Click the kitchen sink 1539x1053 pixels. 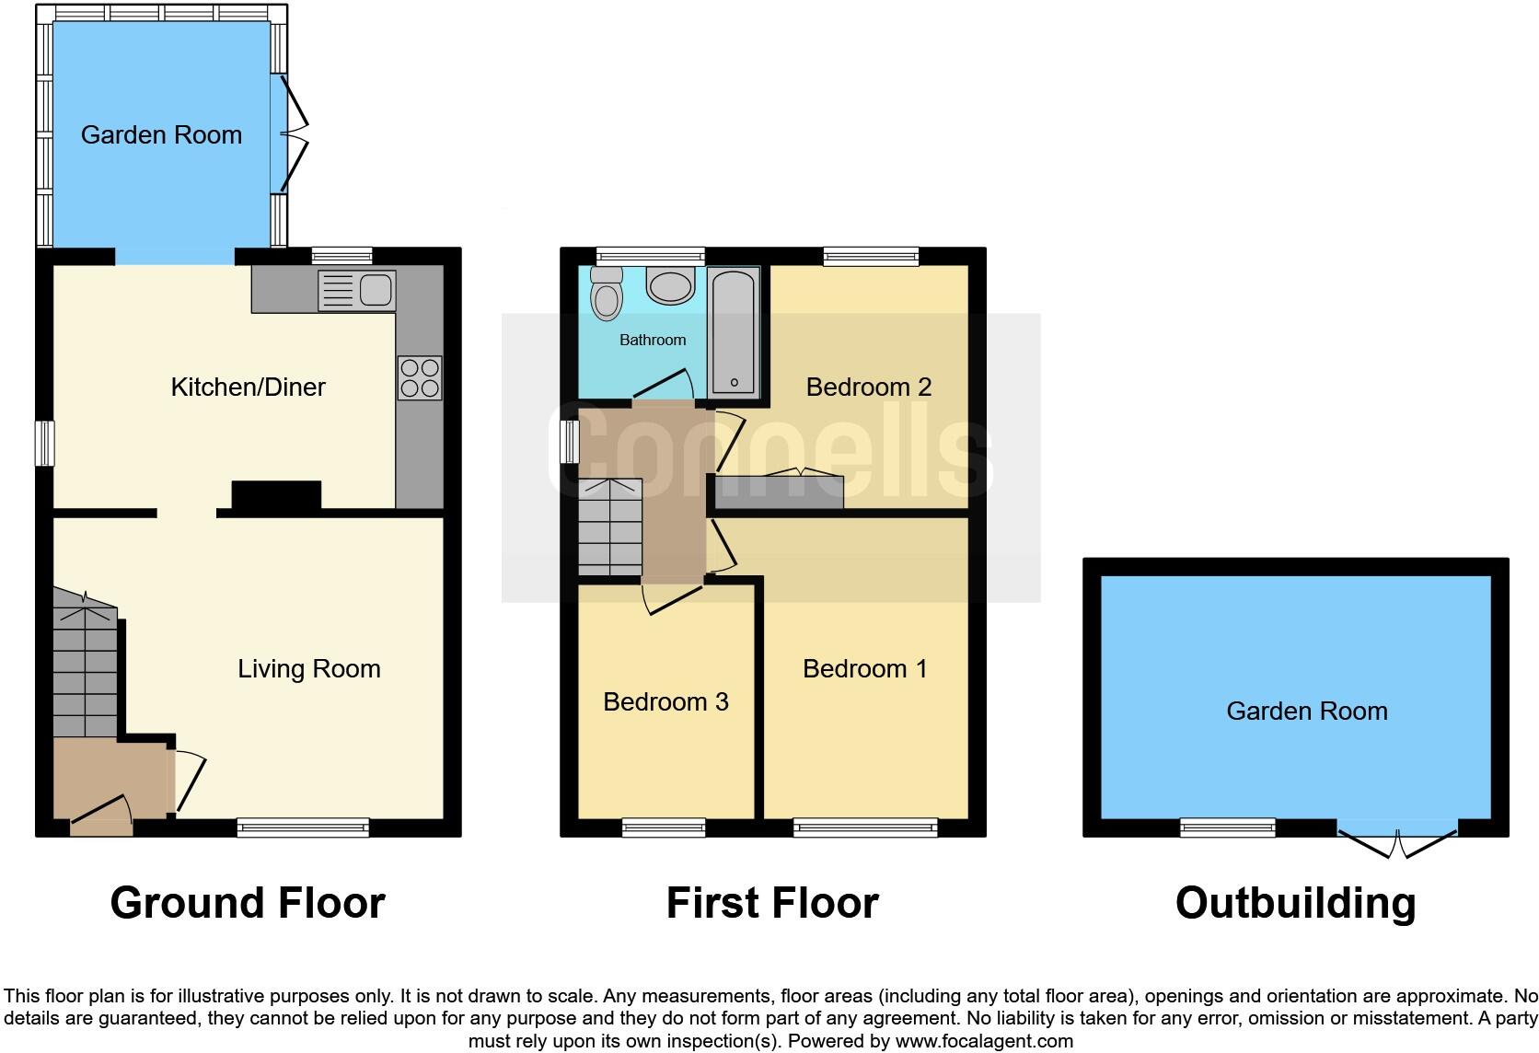[x=357, y=290]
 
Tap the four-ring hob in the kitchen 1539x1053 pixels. [x=420, y=378]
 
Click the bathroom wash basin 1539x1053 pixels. [x=670, y=285]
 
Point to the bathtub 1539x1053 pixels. [x=734, y=333]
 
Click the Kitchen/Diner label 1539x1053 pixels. [x=248, y=387]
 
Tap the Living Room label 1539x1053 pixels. [x=308, y=668]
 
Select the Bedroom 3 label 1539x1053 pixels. [x=665, y=701]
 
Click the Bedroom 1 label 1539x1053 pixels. [x=864, y=668]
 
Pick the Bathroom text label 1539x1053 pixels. [x=653, y=340]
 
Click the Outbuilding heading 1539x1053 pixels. [x=1295, y=903]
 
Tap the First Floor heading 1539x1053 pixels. [x=771, y=903]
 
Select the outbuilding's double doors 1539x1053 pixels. [x=1397, y=841]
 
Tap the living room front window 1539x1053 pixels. [x=303, y=827]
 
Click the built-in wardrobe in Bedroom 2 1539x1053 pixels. [x=779, y=492]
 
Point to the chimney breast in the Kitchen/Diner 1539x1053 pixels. [x=276, y=495]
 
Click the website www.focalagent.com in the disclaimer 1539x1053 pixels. [x=984, y=1041]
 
